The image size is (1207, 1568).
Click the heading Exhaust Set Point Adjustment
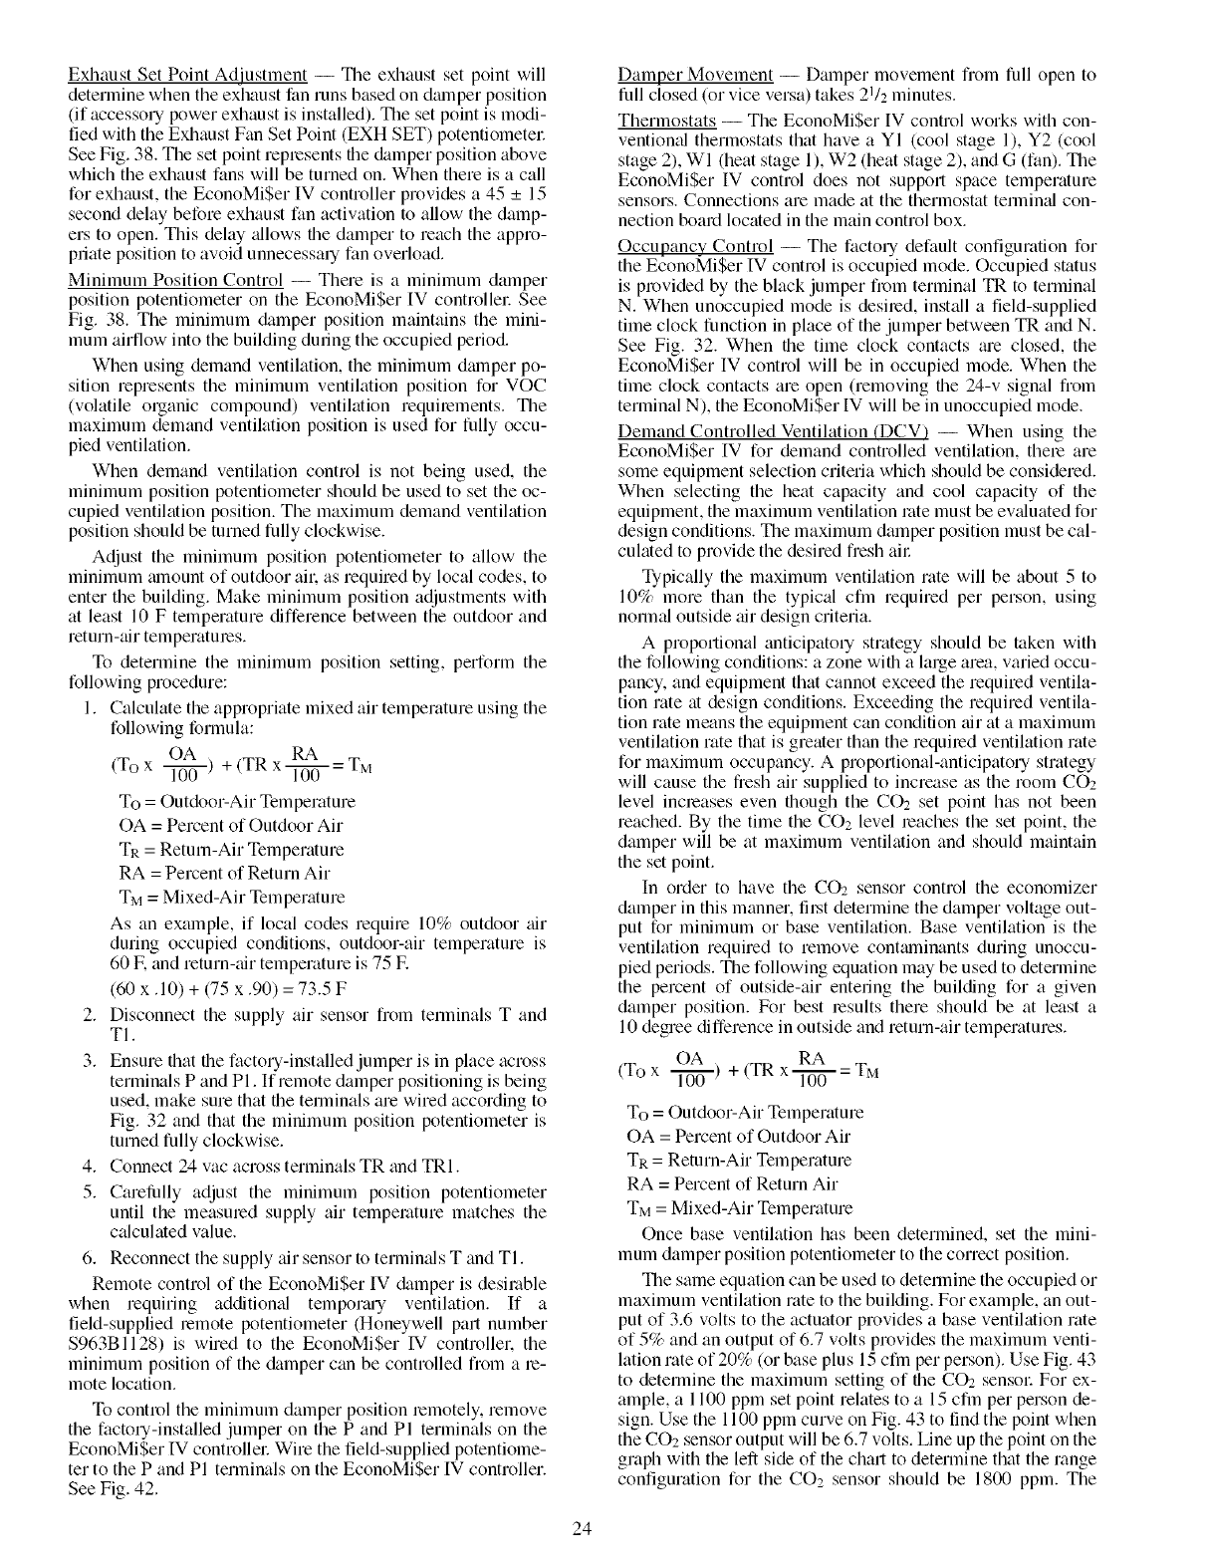point(186,75)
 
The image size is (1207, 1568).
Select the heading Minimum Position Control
point(174,279)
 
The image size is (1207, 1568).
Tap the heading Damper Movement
point(695,75)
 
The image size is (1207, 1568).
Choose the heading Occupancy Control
point(695,246)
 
